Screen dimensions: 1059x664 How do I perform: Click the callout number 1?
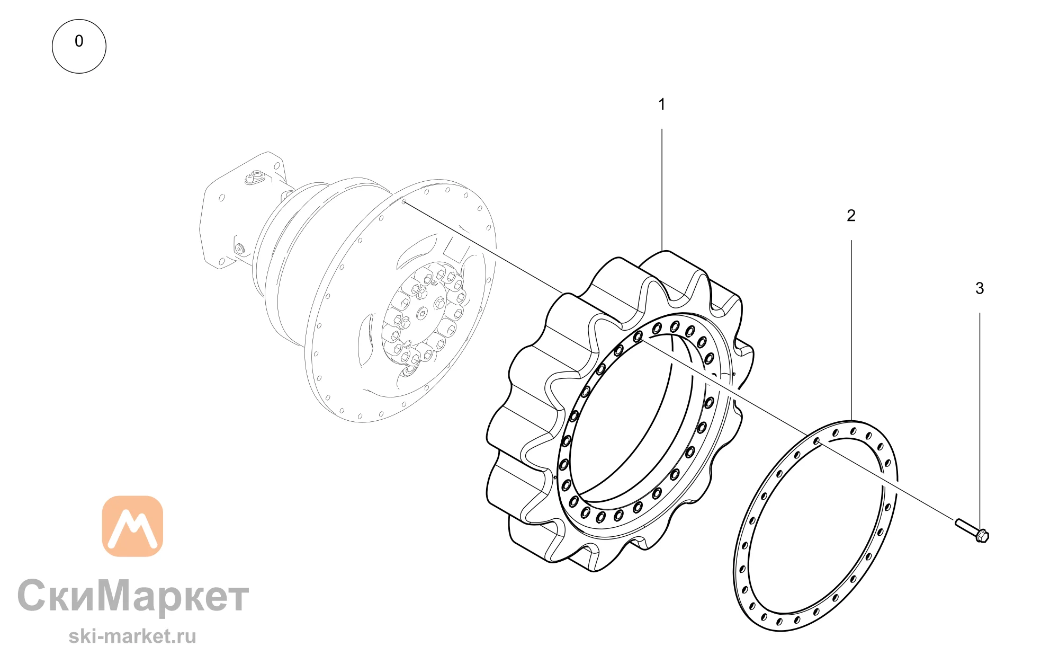pyautogui.click(x=661, y=104)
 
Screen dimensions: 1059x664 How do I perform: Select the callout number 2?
pyautogui.click(x=851, y=216)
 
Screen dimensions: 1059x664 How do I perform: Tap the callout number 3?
pyautogui.click(x=980, y=288)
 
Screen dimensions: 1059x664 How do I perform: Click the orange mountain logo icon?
pyautogui.click(x=132, y=526)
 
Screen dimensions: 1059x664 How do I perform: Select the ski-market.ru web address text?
pyautogui.click(x=132, y=636)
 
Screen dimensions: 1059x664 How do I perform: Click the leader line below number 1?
pyautogui.click(x=662, y=190)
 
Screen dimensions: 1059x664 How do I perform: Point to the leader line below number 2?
pyautogui.click(x=851, y=330)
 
